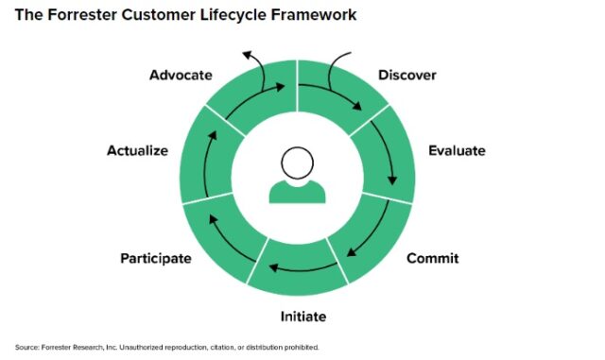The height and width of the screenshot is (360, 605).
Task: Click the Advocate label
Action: click(181, 75)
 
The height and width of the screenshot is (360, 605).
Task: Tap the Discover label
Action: click(406, 75)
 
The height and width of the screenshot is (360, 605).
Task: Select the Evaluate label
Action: click(457, 150)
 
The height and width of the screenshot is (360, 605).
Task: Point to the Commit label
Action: click(432, 258)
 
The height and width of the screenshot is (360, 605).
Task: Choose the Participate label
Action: click(156, 258)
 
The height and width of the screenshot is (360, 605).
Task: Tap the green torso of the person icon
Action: click(298, 192)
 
